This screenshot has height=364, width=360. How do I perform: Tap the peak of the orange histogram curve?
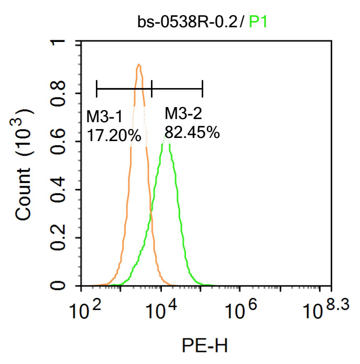pyautogui.click(x=139, y=65)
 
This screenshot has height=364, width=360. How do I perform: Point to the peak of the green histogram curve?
pyautogui.click(x=167, y=136)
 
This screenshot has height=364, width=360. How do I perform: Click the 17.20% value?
pyautogui.click(x=114, y=136)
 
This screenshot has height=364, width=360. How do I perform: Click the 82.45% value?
pyautogui.click(x=192, y=132)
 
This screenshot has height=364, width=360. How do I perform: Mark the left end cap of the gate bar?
pyautogui.click(x=97, y=89)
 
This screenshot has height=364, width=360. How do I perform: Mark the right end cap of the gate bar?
pyautogui.click(x=202, y=89)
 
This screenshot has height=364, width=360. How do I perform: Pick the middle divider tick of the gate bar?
pyautogui.click(x=151, y=89)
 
